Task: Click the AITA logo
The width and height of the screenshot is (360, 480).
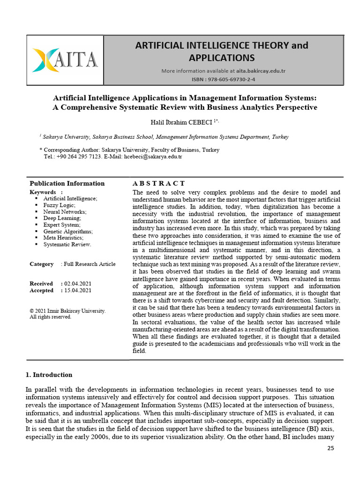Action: pyautogui.click(x=65, y=60)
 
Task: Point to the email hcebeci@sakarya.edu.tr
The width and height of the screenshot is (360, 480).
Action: pyautogui.click(x=153, y=156)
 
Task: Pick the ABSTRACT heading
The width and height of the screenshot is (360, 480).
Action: pyautogui.click(x=159, y=183)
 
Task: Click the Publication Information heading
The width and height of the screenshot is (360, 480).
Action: pyautogui.click(x=67, y=183)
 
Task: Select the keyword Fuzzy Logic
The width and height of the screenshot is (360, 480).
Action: pyautogui.click(x=59, y=205)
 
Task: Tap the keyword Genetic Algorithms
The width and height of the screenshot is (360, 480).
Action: pyautogui.click(x=68, y=231)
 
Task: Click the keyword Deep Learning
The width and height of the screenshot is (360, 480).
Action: pyautogui.click(x=62, y=218)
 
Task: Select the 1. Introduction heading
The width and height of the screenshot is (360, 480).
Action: pyautogui.click(x=49, y=375)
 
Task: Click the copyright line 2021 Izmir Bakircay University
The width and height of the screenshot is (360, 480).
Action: pyautogui.click(x=67, y=311)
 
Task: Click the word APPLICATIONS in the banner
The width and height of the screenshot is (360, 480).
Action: pyautogui.click(x=222, y=58)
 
